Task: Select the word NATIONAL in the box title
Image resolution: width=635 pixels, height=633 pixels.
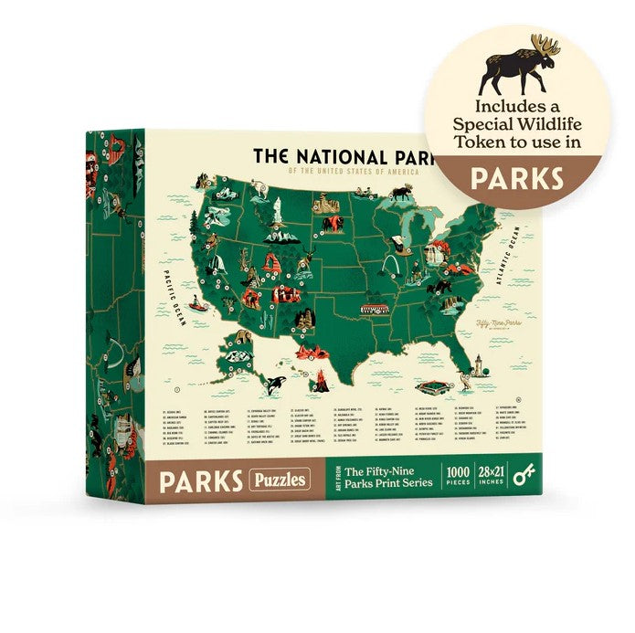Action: pos(350,156)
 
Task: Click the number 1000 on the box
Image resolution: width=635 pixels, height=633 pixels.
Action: pos(456,471)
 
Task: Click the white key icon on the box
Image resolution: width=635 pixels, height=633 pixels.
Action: pos(523,477)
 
